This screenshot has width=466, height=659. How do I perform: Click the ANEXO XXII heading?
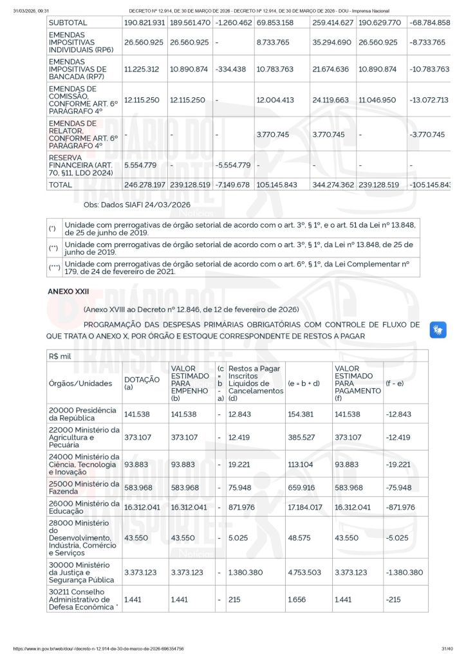click(x=68, y=292)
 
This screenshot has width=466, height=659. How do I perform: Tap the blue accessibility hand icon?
click(x=438, y=330)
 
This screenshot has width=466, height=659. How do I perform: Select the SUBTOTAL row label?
click(x=68, y=23)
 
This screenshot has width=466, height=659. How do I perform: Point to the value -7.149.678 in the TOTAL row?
click(x=232, y=185)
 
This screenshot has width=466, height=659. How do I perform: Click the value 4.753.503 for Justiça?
click(x=306, y=572)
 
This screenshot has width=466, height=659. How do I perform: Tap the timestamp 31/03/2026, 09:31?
click(x=32, y=11)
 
